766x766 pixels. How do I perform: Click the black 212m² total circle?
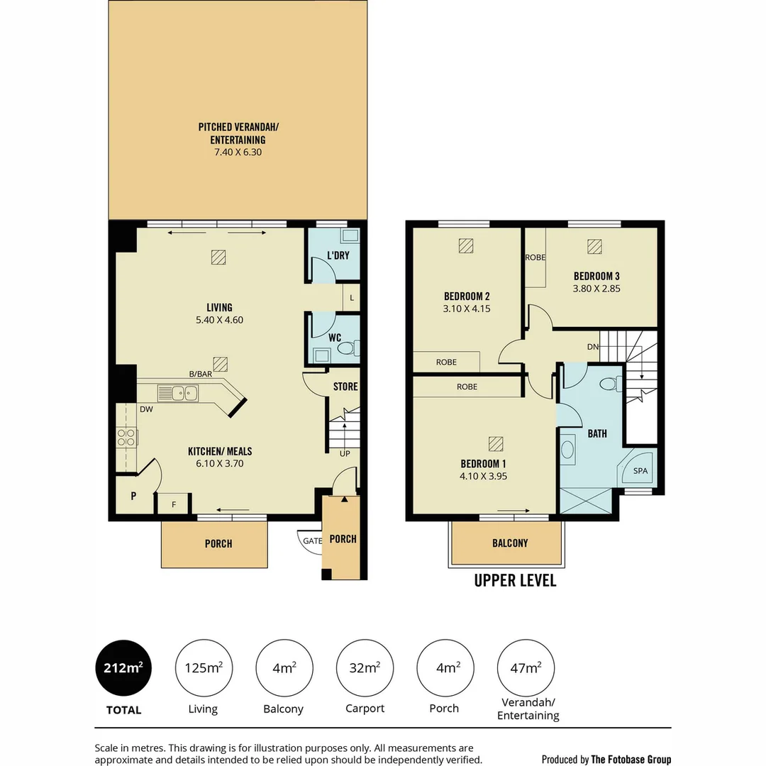click(123, 667)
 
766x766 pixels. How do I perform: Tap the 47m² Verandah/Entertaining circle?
click(527, 667)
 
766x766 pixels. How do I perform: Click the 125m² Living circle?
click(204, 667)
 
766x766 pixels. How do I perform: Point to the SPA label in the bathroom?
click(640, 471)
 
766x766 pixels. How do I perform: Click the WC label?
click(335, 338)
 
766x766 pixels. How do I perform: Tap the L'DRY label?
click(338, 255)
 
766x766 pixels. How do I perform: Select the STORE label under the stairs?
click(345, 387)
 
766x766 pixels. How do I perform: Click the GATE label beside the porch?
click(312, 540)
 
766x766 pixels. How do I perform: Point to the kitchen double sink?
click(179, 392)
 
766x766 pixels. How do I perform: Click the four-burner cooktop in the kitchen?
click(127, 438)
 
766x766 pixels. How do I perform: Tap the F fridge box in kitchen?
click(172, 504)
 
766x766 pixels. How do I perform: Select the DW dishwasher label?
click(147, 409)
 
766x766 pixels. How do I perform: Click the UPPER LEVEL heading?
click(515, 581)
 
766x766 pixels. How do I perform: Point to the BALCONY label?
click(510, 543)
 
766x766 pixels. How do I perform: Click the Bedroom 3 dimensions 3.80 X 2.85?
click(596, 289)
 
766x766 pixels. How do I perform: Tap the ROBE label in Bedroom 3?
click(535, 257)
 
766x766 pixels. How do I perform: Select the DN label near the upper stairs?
click(592, 347)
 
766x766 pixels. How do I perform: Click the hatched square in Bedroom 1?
click(495, 444)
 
